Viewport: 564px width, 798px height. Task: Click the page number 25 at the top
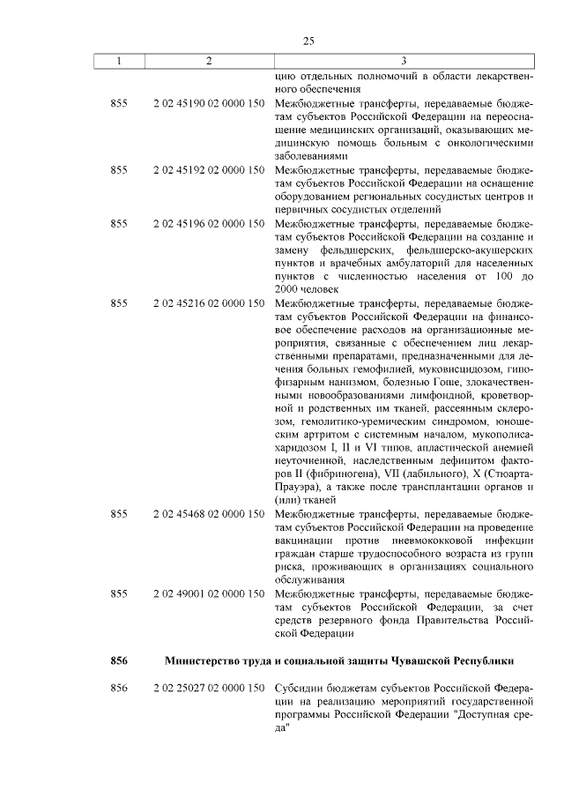point(308,41)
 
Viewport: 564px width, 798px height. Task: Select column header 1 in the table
point(120,61)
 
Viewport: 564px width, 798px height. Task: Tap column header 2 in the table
point(208,61)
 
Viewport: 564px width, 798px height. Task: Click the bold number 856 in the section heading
point(120,660)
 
